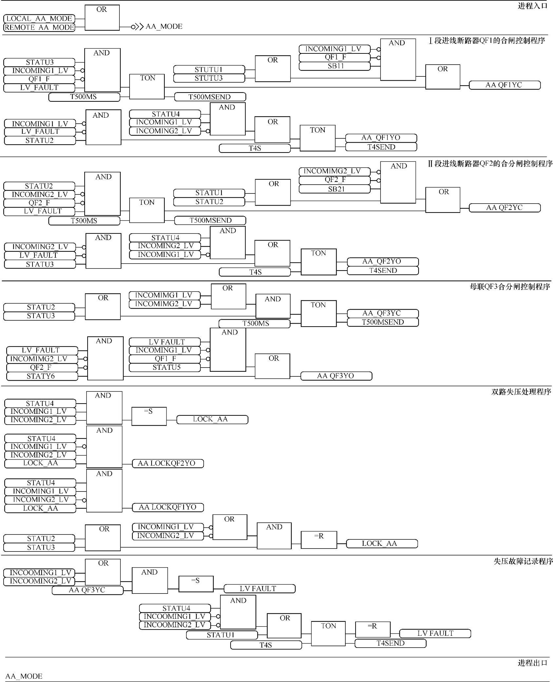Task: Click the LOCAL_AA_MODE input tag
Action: pyautogui.click(x=39, y=19)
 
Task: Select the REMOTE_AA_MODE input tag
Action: pyautogui.click(x=39, y=28)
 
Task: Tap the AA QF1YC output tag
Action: pyautogui.click(x=504, y=85)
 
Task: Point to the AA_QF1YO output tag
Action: pyautogui.click(x=381, y=138)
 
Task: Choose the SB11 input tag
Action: pyautogui.click(x=335, y=66)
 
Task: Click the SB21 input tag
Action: pyautogui.click(x=335, y=189)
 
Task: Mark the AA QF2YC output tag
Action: pyautogui.click(x=504, y=208)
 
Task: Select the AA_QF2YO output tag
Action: pyautogui.click(x=382, y=262)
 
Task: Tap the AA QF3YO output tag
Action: pyautogui.click(x=336, y=376)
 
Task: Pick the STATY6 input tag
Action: pyautogui.click(x=42, y=376)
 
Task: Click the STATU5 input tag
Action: pyautogui.click(x=165, y=368)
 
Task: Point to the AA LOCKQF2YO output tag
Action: pyautogui.click(x=168, y=464)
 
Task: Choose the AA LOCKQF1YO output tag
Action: pyautogui.click(x=168, y=508)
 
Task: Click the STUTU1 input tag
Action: pyautogui.click(x=209, y=70)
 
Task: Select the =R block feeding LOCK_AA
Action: pyautogui.click(x=318, y=540)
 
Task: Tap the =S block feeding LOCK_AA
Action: pyautogui.click(x=149, y=416)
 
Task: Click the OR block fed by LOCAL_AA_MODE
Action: pyautogui.click(x=102, y=18)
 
